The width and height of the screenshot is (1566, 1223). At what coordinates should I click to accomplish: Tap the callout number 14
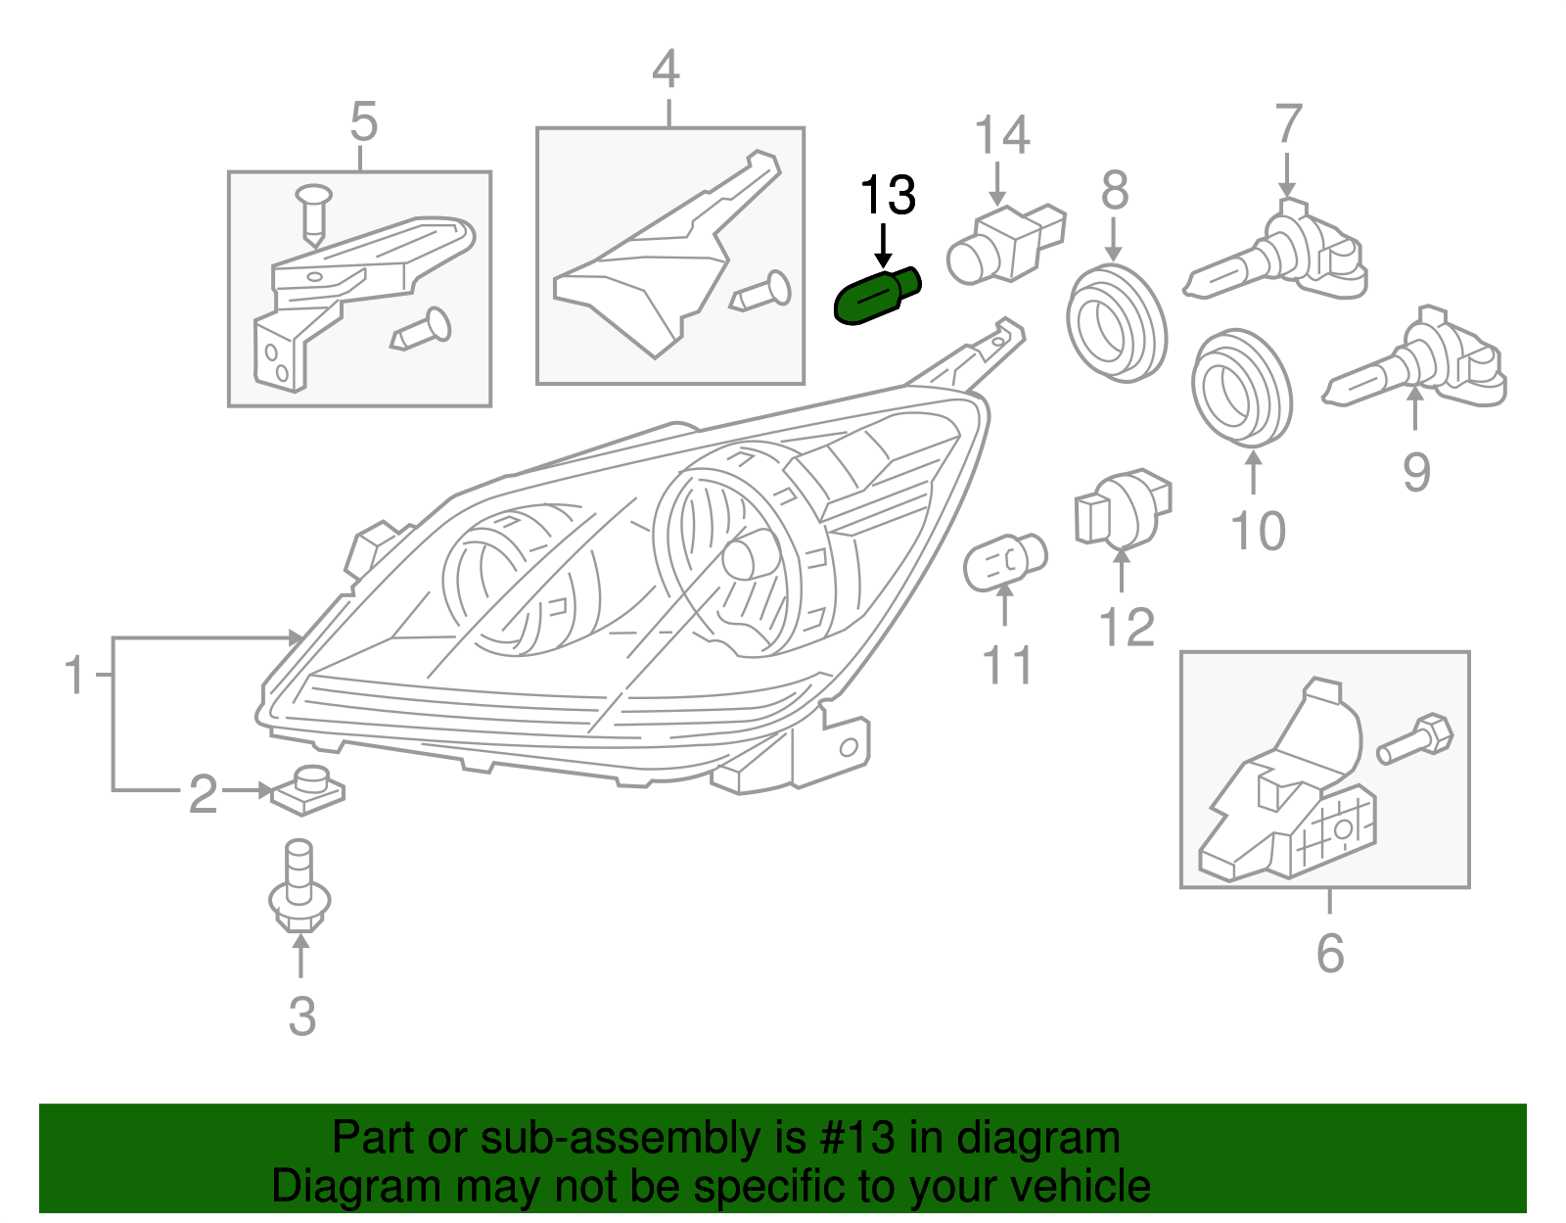[x=1001, y=135]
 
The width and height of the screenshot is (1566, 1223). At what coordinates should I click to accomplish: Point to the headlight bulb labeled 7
[x=1277, y=257]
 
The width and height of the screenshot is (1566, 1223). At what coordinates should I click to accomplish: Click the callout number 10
[x=1257, y=531]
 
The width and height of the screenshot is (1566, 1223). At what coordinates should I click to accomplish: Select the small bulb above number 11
[x=1004, y=562]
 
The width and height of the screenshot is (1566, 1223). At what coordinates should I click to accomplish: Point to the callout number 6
[x=1329, y=953]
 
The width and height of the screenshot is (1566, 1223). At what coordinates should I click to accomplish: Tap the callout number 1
[x=75, y=675]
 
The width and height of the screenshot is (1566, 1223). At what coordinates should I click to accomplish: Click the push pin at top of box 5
[x=314, y=211]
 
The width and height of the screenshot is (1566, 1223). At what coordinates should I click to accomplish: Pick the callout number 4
[x=666, y=70]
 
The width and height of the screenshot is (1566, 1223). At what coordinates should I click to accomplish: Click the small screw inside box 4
[x=761, y=292]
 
